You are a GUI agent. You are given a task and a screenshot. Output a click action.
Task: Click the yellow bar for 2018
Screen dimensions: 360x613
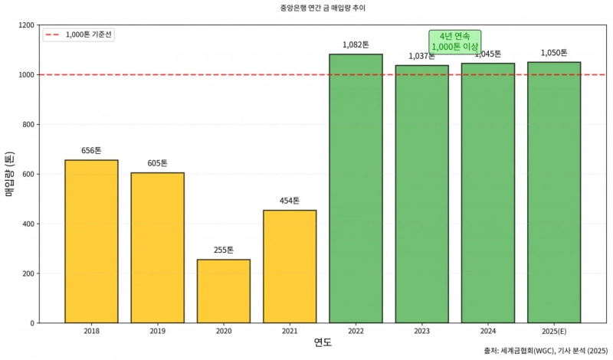[91, 241]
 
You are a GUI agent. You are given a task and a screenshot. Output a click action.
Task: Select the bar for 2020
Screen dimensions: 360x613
[223, 291]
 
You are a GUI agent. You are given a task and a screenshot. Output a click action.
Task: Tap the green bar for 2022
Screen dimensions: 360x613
[356, 188]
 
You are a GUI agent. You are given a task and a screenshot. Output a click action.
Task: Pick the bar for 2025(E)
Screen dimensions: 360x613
[554, 192]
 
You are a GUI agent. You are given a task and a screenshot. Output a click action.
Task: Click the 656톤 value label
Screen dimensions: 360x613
[91, 151]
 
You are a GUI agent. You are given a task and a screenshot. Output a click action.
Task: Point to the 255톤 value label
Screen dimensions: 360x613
[223, 250]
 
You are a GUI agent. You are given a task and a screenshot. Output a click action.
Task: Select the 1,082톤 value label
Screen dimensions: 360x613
[356, 45]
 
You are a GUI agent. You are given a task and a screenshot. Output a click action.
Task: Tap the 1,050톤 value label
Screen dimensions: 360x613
[554, 53]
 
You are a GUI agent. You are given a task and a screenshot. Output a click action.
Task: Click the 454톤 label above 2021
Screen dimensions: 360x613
[290, 201]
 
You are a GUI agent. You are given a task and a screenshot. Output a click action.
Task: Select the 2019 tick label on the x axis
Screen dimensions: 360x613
[157, 330]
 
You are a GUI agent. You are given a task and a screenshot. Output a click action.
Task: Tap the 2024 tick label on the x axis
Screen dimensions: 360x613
[488, 330]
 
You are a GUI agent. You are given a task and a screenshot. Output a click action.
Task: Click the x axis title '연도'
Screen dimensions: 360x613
[323, 342]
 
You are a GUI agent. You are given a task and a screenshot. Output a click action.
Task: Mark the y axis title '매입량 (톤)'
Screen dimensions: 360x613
[10, 174]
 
